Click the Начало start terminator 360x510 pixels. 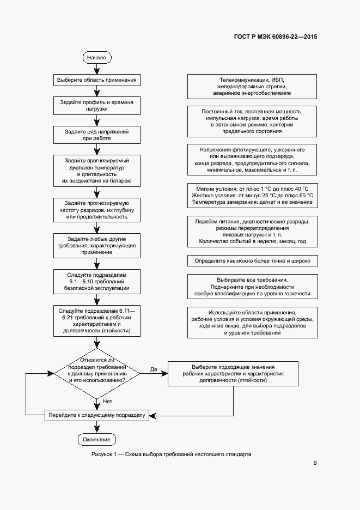97,57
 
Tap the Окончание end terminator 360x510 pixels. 97,439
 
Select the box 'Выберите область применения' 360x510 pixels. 97,80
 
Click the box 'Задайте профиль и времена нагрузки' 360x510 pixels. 97,106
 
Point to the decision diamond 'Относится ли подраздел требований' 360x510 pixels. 97,373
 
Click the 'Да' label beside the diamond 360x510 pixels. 154,369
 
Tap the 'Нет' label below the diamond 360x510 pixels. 107,402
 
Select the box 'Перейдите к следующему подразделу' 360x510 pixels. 97,415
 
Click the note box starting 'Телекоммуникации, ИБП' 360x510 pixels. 252,86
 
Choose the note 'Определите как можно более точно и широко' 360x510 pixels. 252,261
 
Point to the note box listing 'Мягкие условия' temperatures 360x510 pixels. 252,195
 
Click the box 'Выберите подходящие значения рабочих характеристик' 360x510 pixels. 233,374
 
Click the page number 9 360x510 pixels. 315,463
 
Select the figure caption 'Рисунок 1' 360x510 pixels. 172,453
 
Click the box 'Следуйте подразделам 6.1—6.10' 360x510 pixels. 97,283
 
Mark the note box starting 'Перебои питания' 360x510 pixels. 252,231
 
